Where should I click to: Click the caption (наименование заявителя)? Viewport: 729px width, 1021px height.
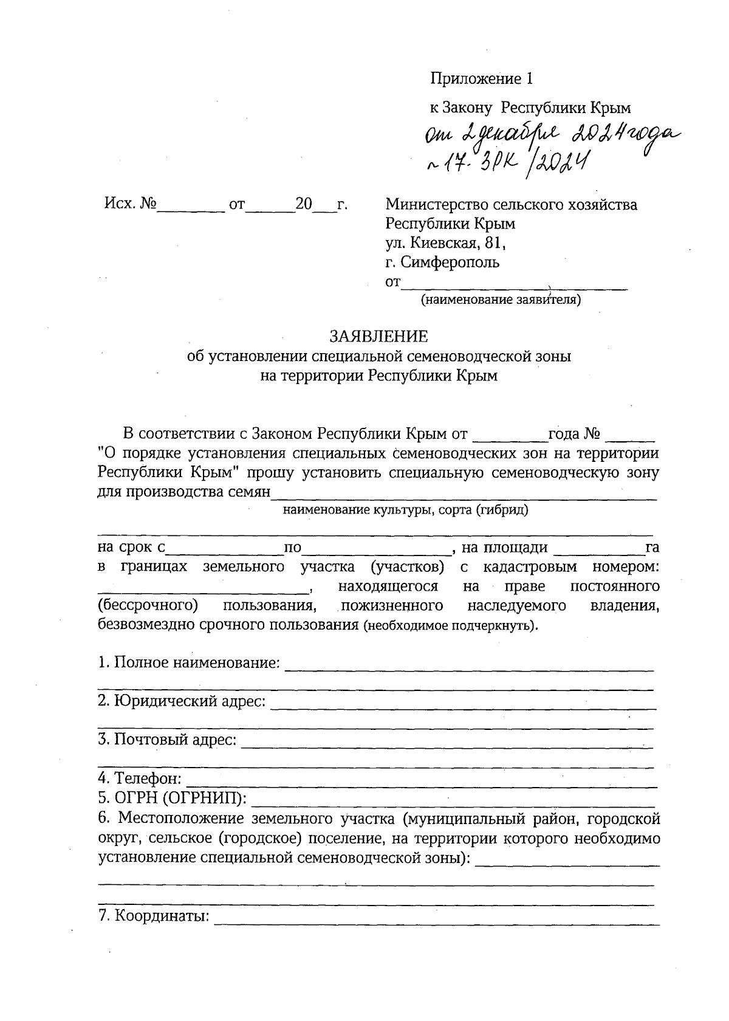click(501, 300)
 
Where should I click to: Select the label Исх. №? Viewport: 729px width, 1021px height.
click(131, 205)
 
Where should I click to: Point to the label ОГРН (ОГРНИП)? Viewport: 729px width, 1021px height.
click(172, 799)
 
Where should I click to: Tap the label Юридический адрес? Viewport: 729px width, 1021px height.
click(182, 701)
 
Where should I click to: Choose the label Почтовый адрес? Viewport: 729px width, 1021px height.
click(167, 741)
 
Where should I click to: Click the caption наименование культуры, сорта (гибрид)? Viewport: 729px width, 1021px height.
click(405, 510)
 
